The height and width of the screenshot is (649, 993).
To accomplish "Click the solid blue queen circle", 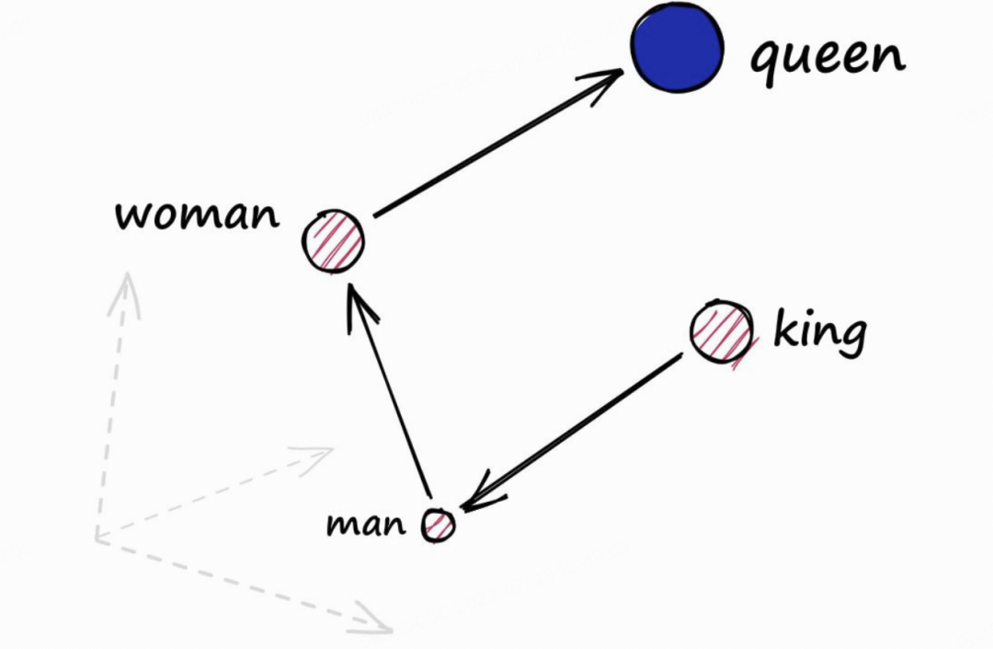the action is pyautogui.click(x=677, y=48).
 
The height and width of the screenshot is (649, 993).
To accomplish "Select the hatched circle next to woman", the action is pyautogui.click(x=334, y=241).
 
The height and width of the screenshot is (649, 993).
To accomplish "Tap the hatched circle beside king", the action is pyautogui.click(x=722, y=331).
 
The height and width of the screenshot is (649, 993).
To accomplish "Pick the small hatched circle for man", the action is pyautogui.click(x=439, y=526).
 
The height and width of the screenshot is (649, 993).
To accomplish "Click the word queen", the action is pyautogui.click(x=827, y=58).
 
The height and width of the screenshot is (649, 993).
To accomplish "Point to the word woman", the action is pyautogui.click(x=197, y=214).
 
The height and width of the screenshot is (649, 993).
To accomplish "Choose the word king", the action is pyautogui.click(x=820, y=332).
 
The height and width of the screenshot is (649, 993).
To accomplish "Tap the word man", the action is pyautogui.click(x=365, y=525).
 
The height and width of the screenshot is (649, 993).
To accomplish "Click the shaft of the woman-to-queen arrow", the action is pyautogui.click(x=497, y=144).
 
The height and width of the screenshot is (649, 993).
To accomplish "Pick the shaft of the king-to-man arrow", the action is pyautogui.click(x=572, y=433).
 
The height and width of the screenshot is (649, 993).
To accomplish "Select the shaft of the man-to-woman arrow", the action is pyautogui.click(x=390, y=391).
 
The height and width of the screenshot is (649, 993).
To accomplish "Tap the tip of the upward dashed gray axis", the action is pyautogui.click(x=129, y=273).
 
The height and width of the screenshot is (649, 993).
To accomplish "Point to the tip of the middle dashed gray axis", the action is pyautogui.click(x=333, y=449).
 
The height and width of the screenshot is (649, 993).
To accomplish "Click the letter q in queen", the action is pyautogui.click(x=766, y=64).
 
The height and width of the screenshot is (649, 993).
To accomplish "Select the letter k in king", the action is pyautogui.click(x=785, y=327).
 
